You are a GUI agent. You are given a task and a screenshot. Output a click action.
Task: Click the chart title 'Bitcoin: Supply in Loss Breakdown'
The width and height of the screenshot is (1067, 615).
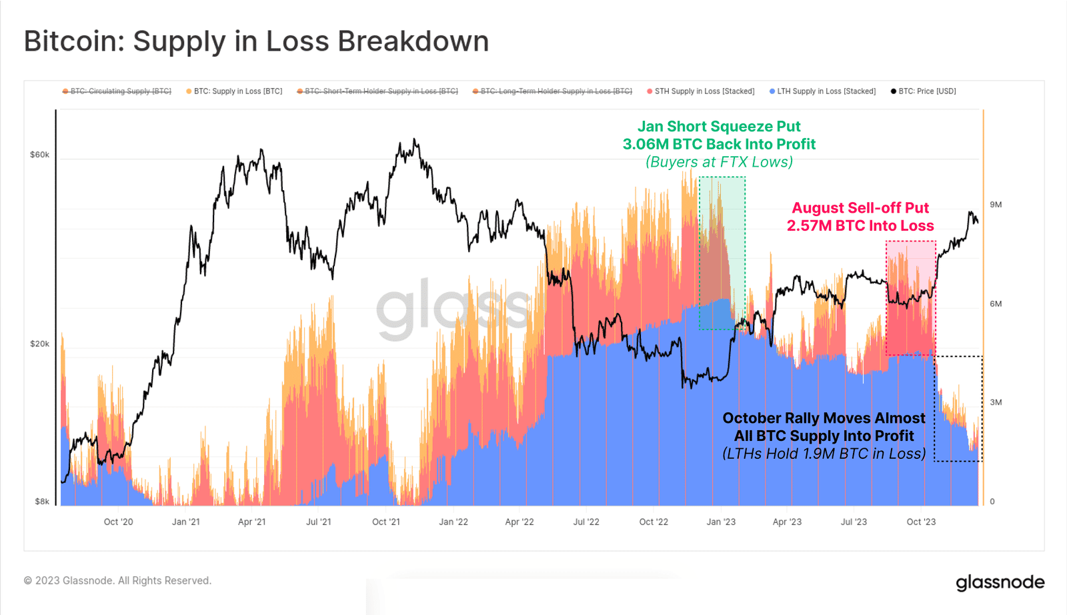click(256, 41)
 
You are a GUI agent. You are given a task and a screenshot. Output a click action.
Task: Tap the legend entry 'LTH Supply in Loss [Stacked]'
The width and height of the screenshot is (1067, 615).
click(822, 91)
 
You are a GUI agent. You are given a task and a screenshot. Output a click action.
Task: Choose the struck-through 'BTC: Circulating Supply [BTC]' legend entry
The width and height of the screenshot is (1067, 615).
click(117, 91)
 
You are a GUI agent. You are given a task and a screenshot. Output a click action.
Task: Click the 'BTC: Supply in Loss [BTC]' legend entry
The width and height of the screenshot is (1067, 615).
click(234, 91)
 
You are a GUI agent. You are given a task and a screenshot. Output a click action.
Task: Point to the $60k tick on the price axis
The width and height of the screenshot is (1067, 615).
click(39, 155)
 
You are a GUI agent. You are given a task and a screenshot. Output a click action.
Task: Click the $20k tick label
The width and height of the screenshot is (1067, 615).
click(39, 344)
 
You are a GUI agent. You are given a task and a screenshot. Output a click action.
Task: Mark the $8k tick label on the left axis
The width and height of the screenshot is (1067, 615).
click(42, 502)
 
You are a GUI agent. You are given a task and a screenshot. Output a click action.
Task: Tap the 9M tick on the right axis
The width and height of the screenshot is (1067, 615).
click(996, 205)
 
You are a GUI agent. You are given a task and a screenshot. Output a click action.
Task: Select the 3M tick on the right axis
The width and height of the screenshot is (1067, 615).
click(996, 402)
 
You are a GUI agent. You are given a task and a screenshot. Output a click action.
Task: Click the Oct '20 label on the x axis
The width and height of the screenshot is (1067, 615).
click(118, 522)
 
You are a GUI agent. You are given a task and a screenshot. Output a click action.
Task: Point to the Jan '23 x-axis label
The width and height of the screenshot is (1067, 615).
click(721, 522)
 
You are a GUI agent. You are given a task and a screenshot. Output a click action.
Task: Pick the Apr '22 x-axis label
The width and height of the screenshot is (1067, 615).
click(519, 522)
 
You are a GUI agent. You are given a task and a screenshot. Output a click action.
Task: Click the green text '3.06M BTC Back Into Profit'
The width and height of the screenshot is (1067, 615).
click(719, 144)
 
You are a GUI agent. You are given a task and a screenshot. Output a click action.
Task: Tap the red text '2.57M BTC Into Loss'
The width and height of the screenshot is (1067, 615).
click(860, 226)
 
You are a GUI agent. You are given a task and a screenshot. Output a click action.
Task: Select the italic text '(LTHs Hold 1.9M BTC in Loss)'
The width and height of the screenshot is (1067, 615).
click(824, 454)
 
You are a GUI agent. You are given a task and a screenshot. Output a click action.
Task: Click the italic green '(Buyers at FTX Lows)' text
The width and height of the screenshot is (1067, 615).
click(719, 162)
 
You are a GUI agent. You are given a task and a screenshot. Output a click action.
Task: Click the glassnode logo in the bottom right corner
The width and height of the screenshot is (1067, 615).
click(1000, 582)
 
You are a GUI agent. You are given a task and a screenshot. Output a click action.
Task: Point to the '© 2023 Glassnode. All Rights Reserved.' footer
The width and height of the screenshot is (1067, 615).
click(117, 581)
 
